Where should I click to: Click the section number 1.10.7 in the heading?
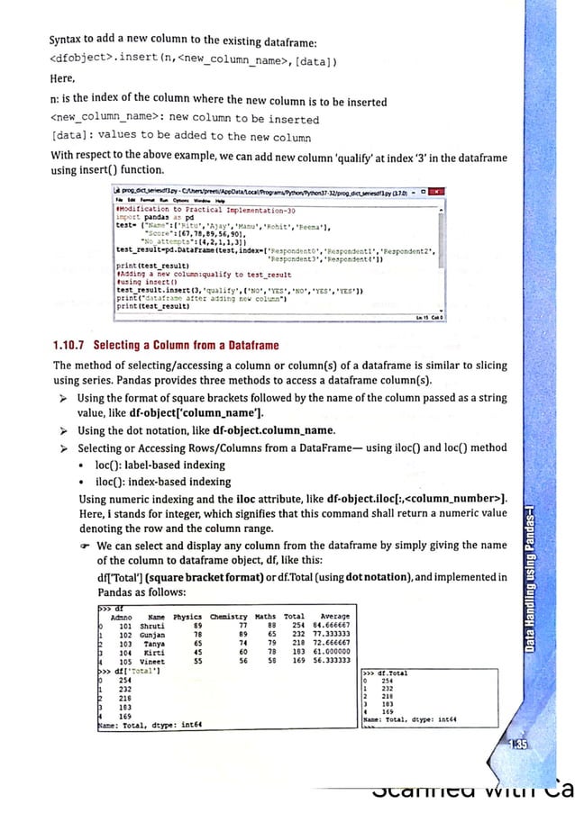(74, 346)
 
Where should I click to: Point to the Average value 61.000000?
(328, 650)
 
